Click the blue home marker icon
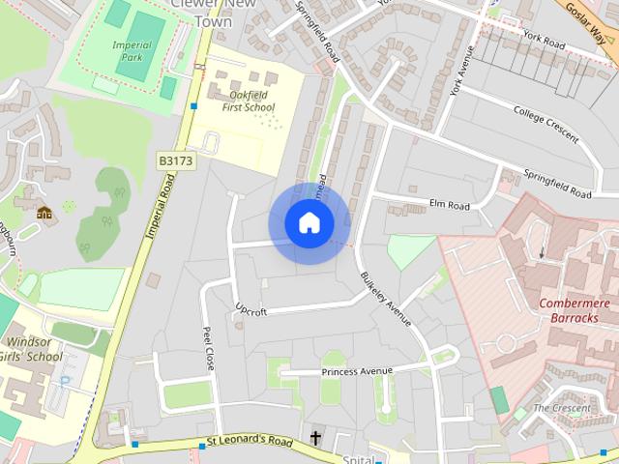click(x=309, y=223)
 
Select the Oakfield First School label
click(x=248, y=101)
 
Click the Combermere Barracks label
click(x=575, y=311)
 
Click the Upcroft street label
click(x=250, y=310)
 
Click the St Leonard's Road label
click(x=250, y=442)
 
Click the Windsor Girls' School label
click(x=35, y=349)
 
